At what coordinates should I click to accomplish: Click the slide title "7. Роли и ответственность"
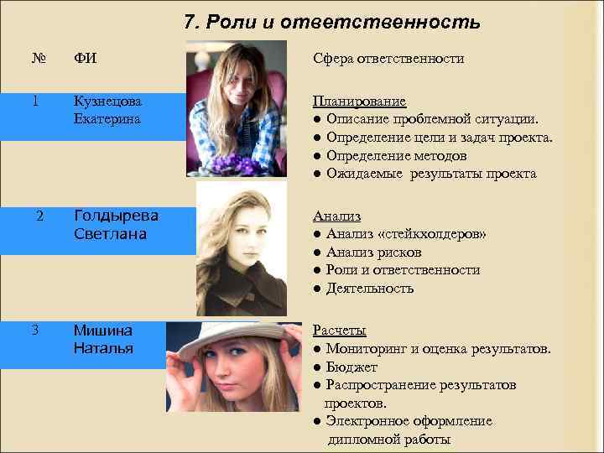tap(331, 22)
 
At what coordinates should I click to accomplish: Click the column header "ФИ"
tap(85, 58)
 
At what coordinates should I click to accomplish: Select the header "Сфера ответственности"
tap(388, 58)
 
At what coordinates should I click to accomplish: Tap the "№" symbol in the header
tap(38, 58)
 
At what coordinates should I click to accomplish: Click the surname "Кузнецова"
tap(107, 101)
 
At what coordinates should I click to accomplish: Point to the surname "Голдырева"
tap(116, 215)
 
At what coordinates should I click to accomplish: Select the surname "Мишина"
tap(102, 330)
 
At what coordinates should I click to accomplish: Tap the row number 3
tap(35, 329)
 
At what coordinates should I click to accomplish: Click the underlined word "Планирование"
tap(360, 101)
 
